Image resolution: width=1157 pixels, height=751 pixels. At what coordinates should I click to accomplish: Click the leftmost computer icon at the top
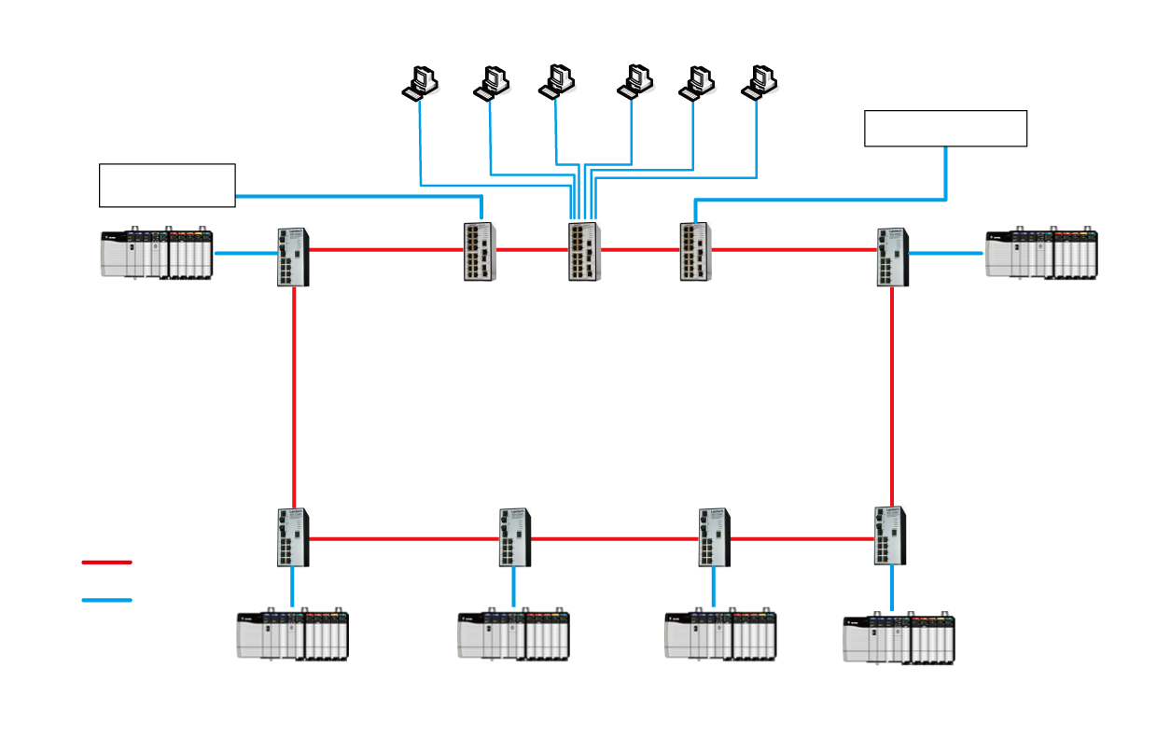[421, 83]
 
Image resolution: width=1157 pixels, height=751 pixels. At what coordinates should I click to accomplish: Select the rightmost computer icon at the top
[760, 83]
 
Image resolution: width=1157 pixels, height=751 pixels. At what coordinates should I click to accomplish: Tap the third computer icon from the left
[557, 83]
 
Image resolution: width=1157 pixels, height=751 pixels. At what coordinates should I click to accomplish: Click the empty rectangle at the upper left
[167, 185]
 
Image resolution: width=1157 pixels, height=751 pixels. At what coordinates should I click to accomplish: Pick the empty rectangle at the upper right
[945, 128]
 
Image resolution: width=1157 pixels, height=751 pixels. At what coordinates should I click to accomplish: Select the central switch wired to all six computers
[584, 251]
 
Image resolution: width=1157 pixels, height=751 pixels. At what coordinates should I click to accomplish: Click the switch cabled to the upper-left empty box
[480, 251]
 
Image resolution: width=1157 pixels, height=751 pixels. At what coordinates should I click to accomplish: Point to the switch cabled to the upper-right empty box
[695, 251]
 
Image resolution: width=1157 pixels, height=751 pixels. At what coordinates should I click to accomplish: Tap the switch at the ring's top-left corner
[293, 257]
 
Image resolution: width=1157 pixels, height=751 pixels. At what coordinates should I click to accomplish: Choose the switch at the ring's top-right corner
[892, 257]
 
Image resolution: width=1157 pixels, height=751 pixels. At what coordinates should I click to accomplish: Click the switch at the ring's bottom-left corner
[293, 537]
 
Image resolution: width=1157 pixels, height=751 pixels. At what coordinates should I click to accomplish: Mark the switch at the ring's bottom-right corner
[890, 535]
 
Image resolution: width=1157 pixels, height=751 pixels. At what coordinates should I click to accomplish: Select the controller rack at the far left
[157, 253]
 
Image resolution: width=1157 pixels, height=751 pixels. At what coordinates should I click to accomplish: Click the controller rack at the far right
[1042, 253]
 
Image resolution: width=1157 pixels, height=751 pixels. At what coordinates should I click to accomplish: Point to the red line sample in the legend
[106, 563]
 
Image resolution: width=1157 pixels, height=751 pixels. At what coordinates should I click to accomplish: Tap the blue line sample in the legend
[106, 600]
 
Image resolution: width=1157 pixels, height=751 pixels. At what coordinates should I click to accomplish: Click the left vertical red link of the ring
[294, 396]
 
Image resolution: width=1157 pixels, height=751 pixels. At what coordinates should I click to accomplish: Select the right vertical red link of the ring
[892, 396]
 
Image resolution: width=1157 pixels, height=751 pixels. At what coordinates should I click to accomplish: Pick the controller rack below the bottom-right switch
[899, 638]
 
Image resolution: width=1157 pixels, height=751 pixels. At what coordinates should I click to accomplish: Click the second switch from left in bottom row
[514, 537]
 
